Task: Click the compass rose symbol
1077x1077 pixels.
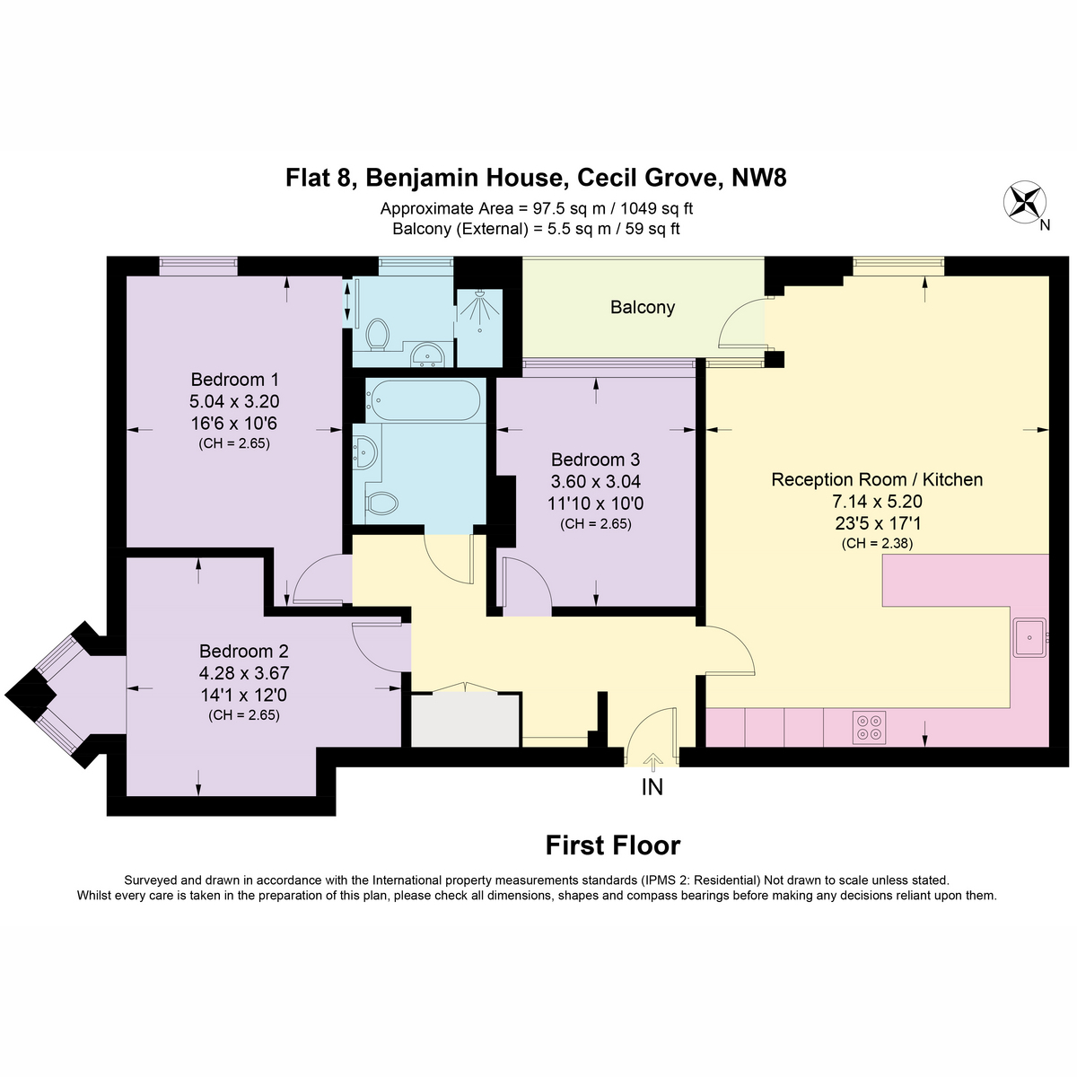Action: [1024, 201]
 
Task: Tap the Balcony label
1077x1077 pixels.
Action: [643, 308]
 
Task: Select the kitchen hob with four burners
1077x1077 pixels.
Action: [869, 727]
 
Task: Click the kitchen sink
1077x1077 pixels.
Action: [1029, 637]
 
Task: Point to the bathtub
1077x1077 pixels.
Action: [423, 400]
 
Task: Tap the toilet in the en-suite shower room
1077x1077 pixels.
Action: [378, 335]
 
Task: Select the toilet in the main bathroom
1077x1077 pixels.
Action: [381, 503]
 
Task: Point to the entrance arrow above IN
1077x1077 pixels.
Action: [652, 762]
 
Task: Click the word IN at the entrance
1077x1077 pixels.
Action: [652, 787]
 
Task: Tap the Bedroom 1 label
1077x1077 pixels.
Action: [234, 380]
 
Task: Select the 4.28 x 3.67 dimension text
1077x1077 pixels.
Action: [244, 673]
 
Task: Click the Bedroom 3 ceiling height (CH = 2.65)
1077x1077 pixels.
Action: [595, 523]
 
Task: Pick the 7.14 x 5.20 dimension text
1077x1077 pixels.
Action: [876, 501]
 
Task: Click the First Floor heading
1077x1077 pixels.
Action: [613, 845]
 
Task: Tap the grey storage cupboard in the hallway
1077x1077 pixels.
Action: [466, 719]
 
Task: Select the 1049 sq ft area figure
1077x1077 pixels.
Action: [657, 208]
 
